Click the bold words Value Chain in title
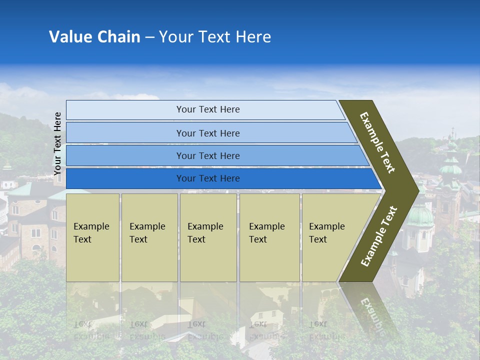94,37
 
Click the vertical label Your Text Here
57,144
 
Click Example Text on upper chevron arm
377,142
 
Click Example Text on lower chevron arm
379,236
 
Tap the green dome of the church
419,216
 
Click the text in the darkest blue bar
208,178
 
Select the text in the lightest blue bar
208,109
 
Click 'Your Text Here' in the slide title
215,37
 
